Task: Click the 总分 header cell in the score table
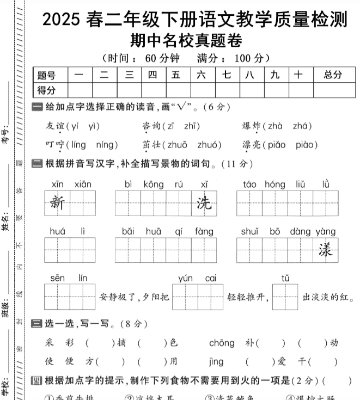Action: click(x=333, y=75)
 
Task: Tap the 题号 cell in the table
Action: click(x=46, y=75)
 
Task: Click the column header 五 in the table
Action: click(x=175, y=75)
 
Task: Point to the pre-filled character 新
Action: click(x=57, y=204)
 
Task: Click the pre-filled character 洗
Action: click(x=204, y=204)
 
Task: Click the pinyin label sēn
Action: click(x=57, y=278)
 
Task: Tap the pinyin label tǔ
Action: click(x=285, y=278)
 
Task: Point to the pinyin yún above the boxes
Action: click(x=185, y=278)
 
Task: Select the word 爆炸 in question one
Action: click(x=251, y=126)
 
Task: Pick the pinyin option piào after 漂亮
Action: click(x=307, y=145)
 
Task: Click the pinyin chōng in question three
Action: click(x=222, y=343)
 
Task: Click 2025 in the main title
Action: click(x=62, y=20)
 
